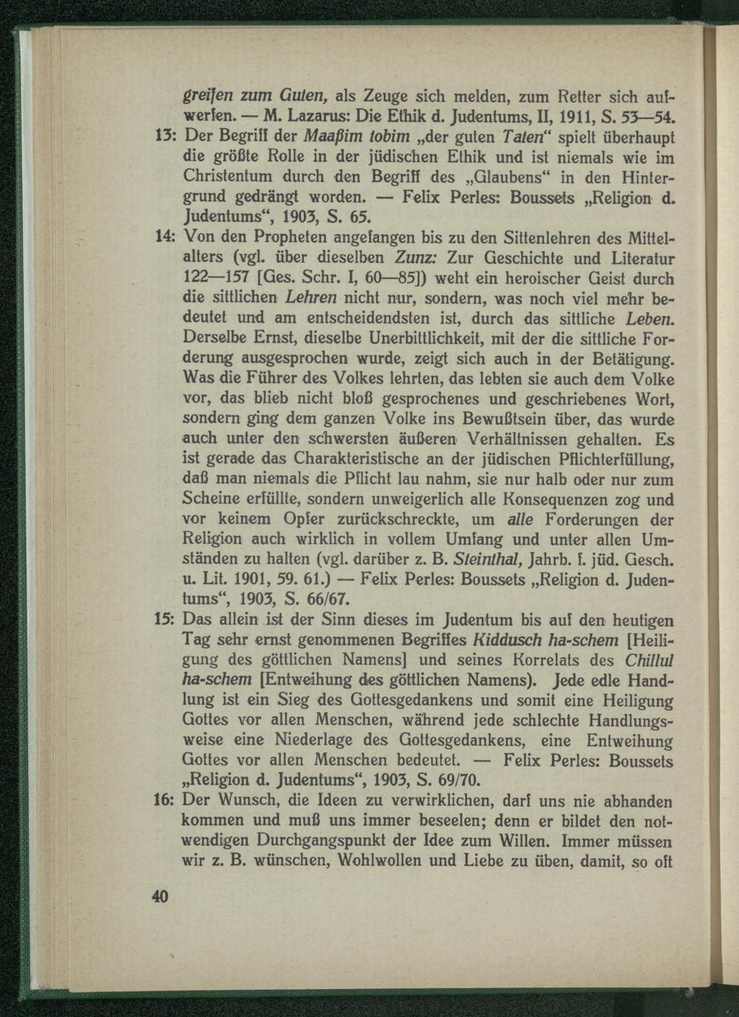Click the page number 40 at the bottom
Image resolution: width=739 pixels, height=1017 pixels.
click(x=160, y=897)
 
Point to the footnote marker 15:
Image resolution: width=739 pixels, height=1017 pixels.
click(x=163, y=619)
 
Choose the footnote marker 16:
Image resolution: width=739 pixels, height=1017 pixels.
click(x=163, y=800)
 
